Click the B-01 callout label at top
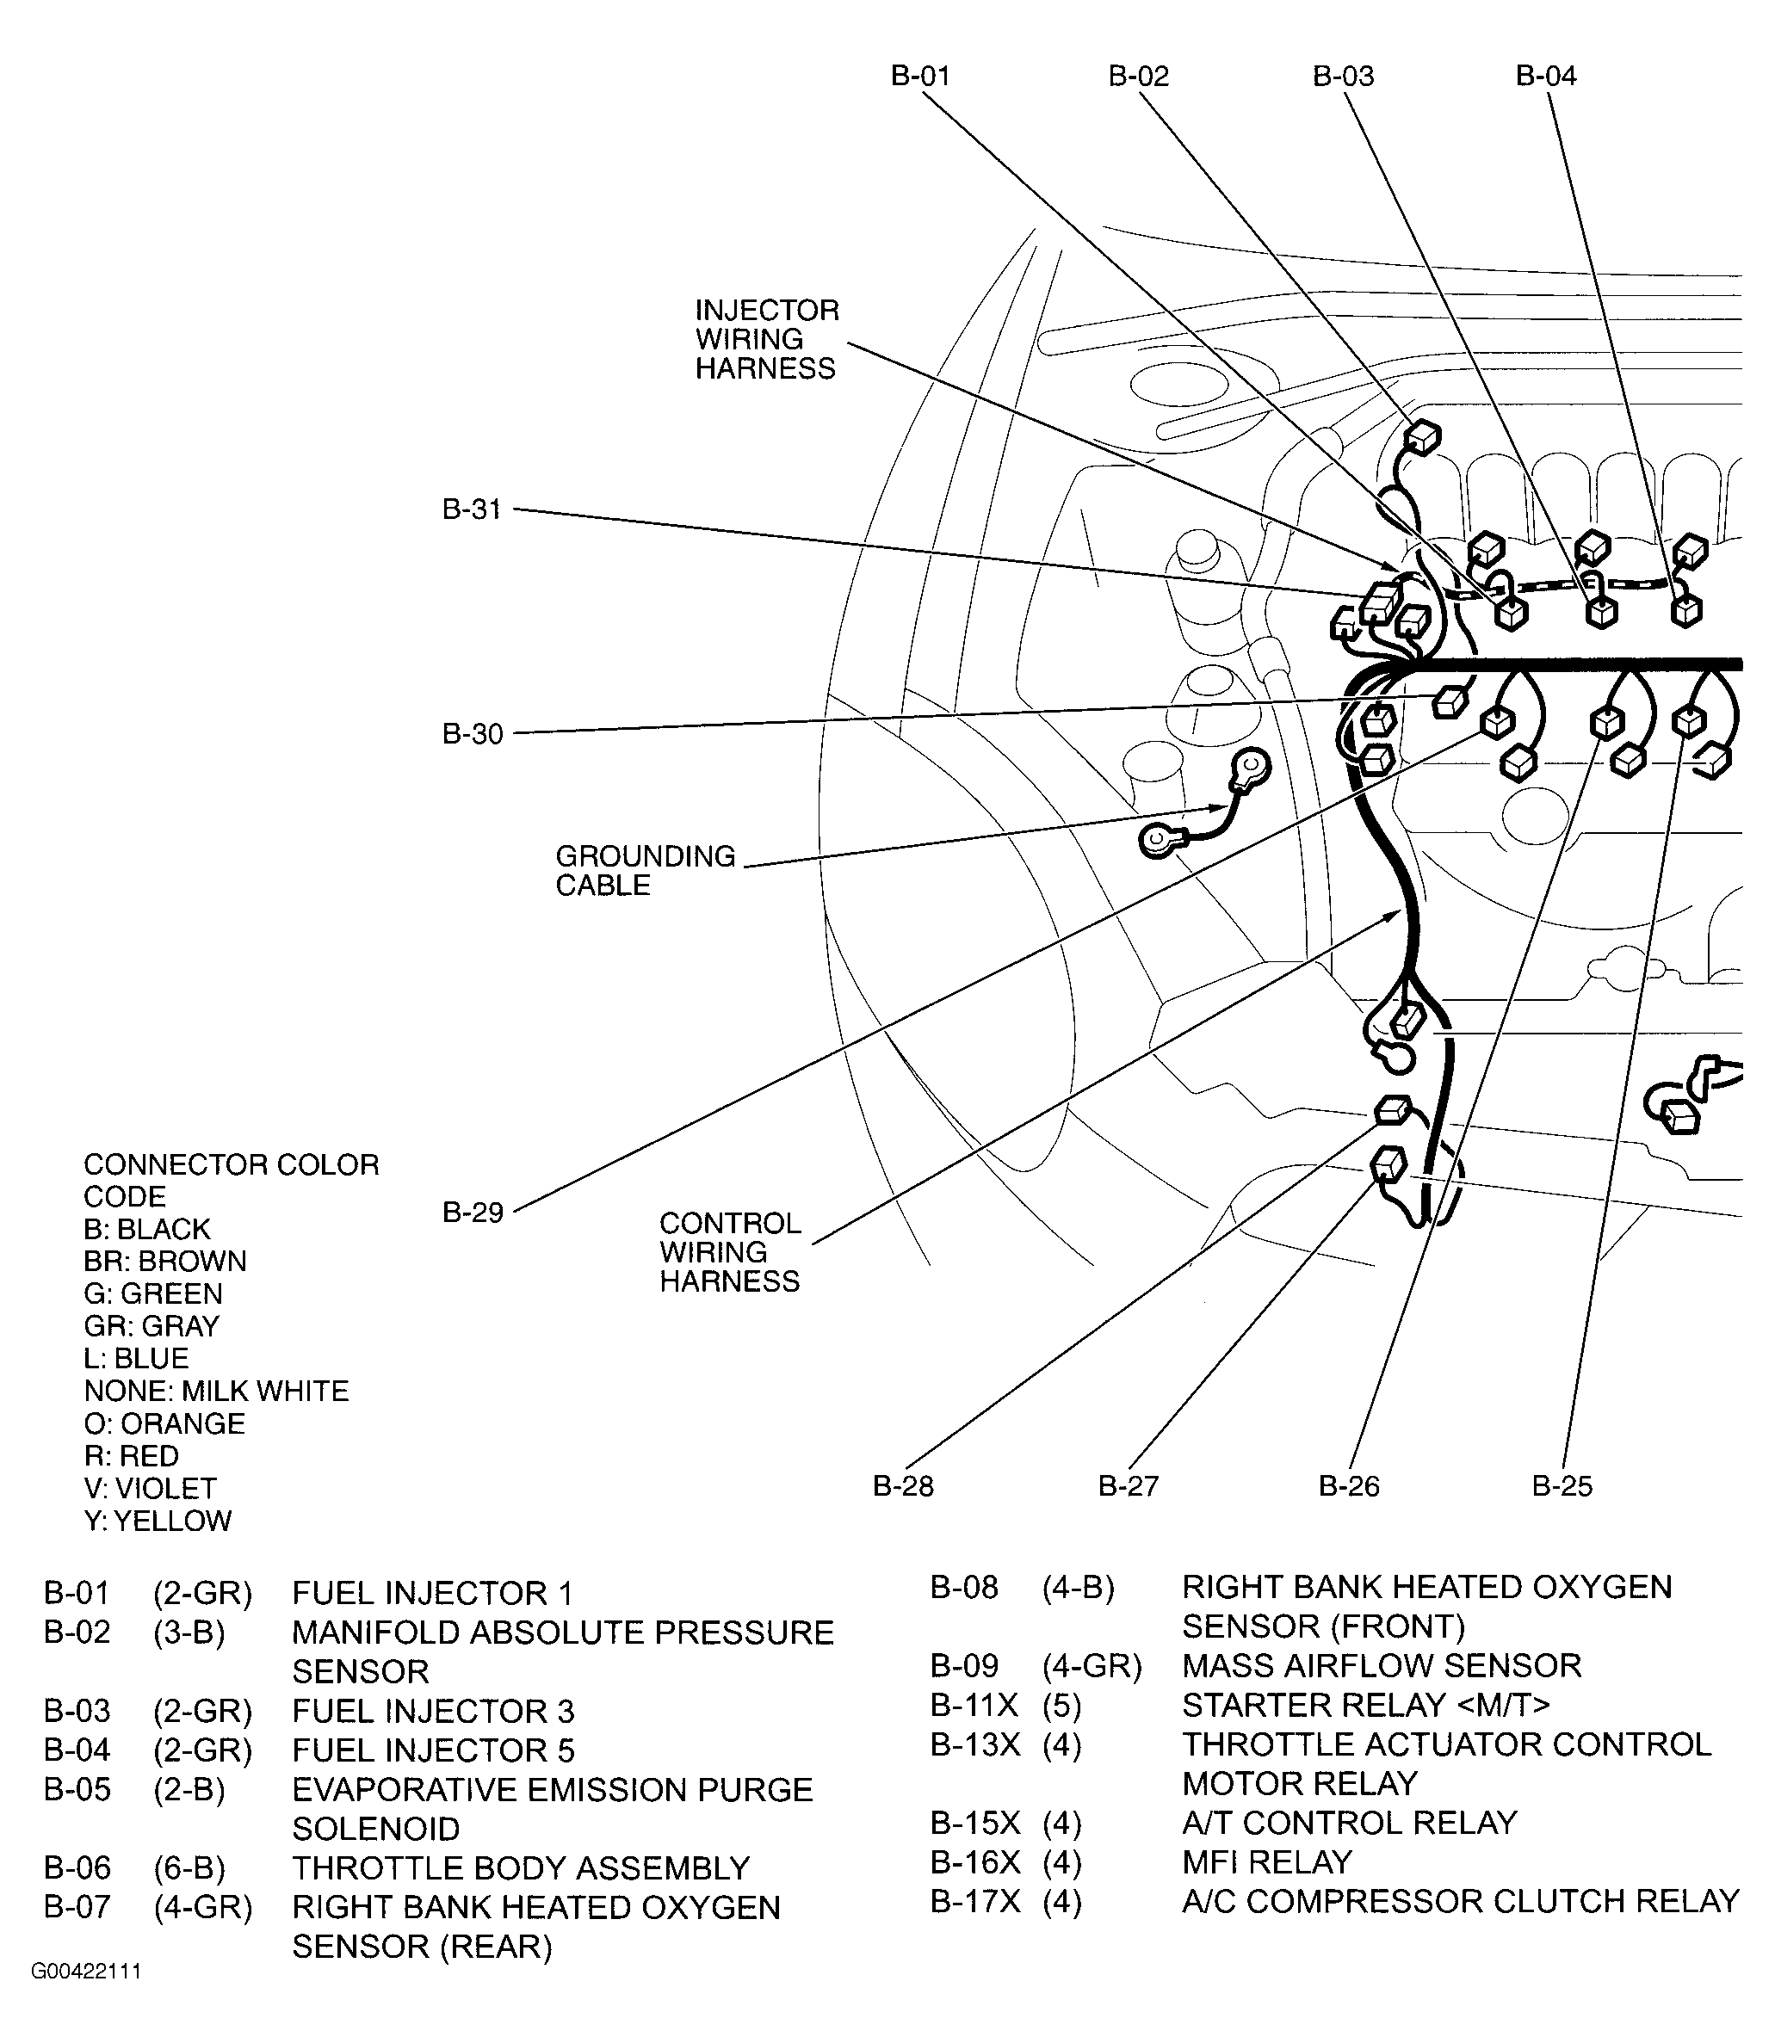(920, 77)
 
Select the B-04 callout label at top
(1545, 77)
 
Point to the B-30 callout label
(473, 734)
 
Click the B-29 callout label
(473, 1213)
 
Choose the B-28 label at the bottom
(902, 1485)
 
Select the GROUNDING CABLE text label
(645, 871)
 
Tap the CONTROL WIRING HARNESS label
(730, 1252)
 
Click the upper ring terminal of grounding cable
(1252, 766)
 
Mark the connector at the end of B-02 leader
(1422, 436)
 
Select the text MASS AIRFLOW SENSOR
(1381, 1666)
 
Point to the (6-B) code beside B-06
(189, 1867)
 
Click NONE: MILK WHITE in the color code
(216, 1391)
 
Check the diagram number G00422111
(86, 1971)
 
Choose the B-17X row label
(974, 1901)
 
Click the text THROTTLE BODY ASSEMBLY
(520, 1867)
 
